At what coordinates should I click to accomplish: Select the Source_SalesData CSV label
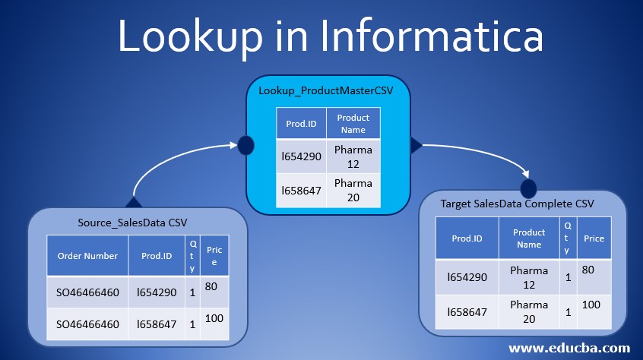133,222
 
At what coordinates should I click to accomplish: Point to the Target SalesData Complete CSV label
517,204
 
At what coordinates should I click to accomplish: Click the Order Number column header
87,256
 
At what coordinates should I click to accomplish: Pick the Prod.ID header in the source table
157,256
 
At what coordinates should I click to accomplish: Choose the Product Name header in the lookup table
353,124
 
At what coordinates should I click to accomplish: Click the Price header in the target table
594,238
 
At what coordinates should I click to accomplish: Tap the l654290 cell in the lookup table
301,156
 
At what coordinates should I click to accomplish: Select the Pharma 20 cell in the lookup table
353,190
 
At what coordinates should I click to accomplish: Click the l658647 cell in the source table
157,324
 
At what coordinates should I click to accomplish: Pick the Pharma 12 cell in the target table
529,277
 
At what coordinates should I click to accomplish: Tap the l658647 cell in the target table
467,311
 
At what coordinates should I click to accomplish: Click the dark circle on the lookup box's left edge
245,144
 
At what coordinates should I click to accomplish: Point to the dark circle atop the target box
528,187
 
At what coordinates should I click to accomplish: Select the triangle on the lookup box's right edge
417,144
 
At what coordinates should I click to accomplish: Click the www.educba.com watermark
568,348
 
